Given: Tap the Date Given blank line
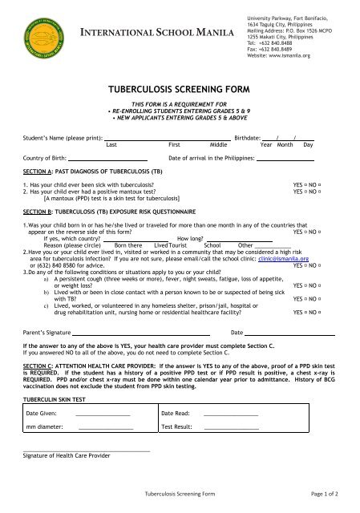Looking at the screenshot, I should tap(102, 415).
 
